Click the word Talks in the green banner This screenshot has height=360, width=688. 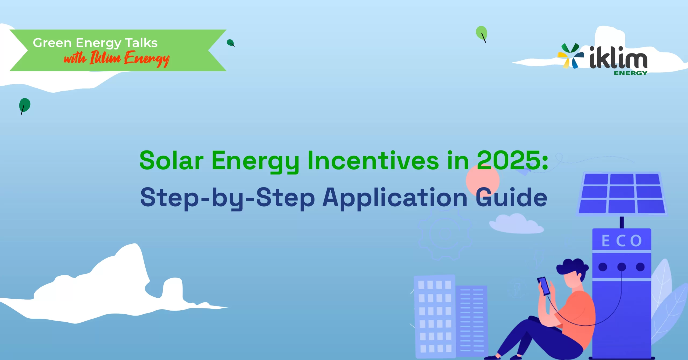141,43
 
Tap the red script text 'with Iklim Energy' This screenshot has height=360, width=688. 116,59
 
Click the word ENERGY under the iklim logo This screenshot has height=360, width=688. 630,73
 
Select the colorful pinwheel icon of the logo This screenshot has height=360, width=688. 570,56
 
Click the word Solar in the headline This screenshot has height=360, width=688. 171,160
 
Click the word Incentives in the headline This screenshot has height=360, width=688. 373,160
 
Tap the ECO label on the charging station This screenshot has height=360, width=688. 622,241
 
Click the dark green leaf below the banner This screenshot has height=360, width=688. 24,105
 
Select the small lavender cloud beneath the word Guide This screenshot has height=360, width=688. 516,224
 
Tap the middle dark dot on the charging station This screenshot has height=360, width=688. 622,267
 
